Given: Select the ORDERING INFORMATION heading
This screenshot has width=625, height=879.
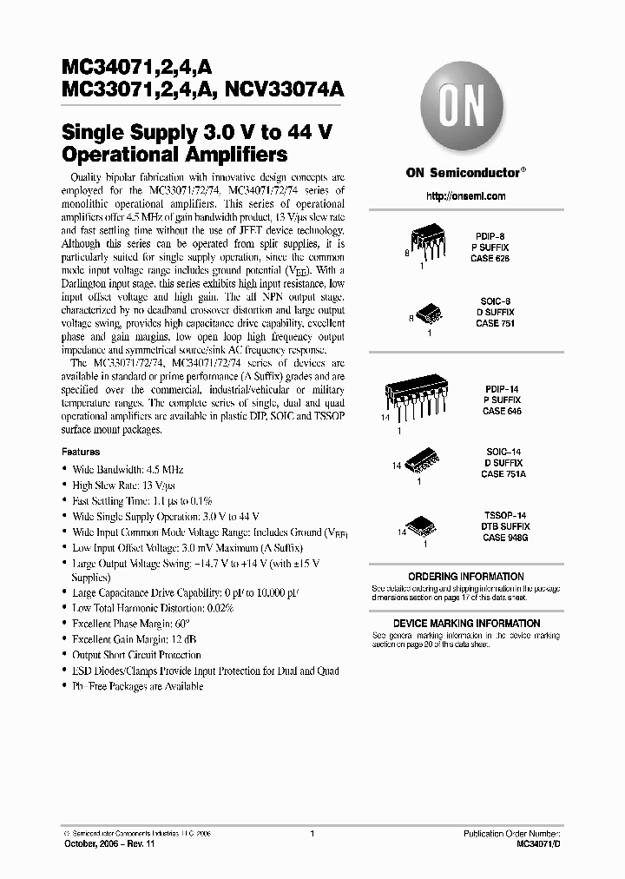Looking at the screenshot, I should coord(465,577).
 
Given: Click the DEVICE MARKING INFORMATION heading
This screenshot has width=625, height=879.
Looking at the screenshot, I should coord(465,624).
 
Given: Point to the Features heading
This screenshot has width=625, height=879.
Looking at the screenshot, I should coord(80,452).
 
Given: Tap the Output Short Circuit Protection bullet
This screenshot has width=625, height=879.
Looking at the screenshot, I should coord(137,655).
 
